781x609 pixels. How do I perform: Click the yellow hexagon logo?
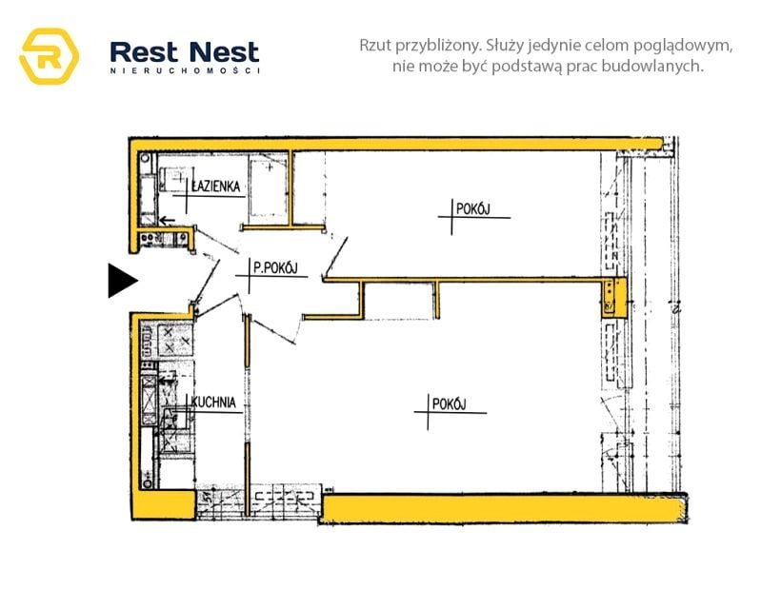[x=49, y=56]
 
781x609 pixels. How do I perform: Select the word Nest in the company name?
[x=223, y=51]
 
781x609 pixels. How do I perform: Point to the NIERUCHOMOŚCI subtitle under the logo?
[x=185, y=71]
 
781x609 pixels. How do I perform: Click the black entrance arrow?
[x=122, y=280]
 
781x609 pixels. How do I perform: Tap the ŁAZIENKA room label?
[x=216, y=187]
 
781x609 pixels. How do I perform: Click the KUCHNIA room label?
[x=213, y=403]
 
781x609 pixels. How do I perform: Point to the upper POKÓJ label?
[x=472, y=209]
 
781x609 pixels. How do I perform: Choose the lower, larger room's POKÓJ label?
[x=448, y=404]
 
